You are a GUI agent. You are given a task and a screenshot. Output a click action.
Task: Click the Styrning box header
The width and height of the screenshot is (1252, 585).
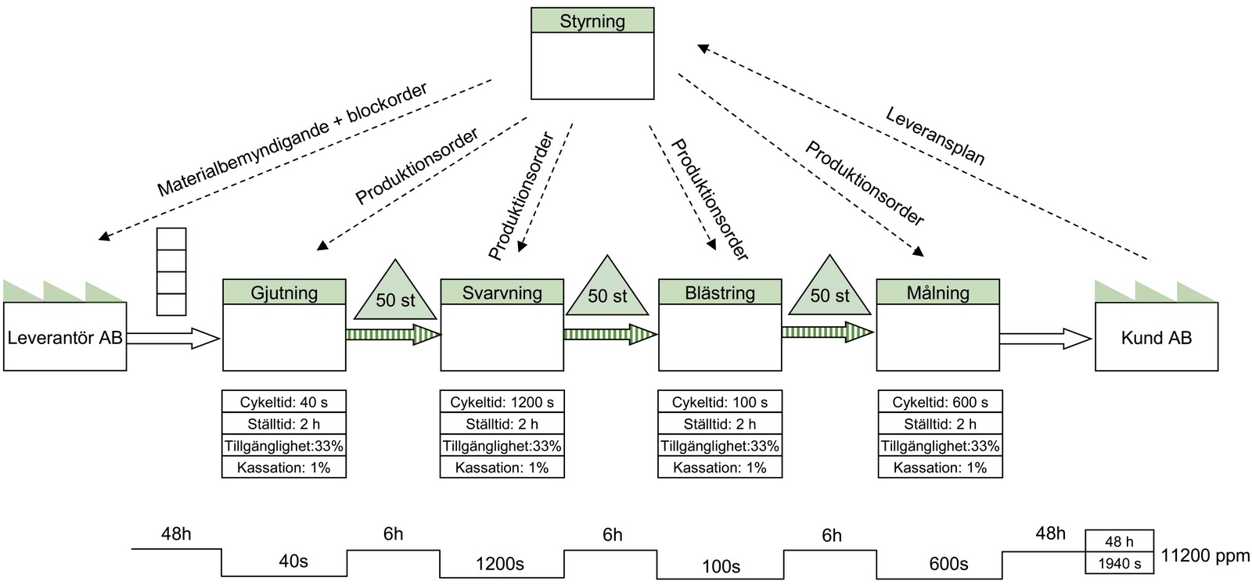[x=592, y=21]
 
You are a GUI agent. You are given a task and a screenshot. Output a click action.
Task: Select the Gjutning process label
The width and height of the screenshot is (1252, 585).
[x=284, y=292]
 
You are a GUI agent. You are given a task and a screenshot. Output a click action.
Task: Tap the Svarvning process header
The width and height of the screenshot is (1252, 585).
[x=502, y=292]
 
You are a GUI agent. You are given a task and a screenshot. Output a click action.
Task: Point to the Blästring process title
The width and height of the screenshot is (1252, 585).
[x=720, y=292]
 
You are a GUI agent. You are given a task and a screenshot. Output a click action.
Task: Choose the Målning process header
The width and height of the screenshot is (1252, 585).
[x=937, y=292]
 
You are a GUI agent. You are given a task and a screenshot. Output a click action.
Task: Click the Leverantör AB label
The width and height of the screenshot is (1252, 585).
[x=65, y=338]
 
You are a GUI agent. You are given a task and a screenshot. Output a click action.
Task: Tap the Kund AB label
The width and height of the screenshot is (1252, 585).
[x=1156, y=338]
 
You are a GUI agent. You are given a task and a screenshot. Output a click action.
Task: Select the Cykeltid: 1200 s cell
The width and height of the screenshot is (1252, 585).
[x=502, y=402]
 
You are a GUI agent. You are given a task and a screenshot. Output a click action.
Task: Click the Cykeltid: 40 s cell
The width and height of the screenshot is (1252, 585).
[x=284, y=402]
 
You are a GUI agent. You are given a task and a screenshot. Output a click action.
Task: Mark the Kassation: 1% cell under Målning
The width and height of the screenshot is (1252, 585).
[x=940, y=468]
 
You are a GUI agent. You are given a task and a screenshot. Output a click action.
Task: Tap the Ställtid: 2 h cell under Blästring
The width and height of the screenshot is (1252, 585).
[x=720, y=424]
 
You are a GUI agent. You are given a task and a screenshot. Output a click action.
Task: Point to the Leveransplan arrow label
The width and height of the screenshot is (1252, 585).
[x=935, y=136]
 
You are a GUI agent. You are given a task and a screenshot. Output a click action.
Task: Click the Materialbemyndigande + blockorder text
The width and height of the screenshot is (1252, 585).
[x=292, y=139]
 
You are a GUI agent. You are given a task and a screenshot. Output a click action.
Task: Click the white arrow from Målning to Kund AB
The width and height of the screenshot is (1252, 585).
[x=1045, y=339]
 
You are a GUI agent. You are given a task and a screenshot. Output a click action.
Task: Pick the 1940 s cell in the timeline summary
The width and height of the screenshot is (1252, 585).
[x=1119, y=563]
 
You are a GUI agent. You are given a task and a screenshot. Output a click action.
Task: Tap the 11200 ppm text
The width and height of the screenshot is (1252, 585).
[x=1205, y=556]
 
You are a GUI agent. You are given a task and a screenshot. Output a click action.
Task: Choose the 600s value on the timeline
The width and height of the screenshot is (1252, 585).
[x=948, y=564]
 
